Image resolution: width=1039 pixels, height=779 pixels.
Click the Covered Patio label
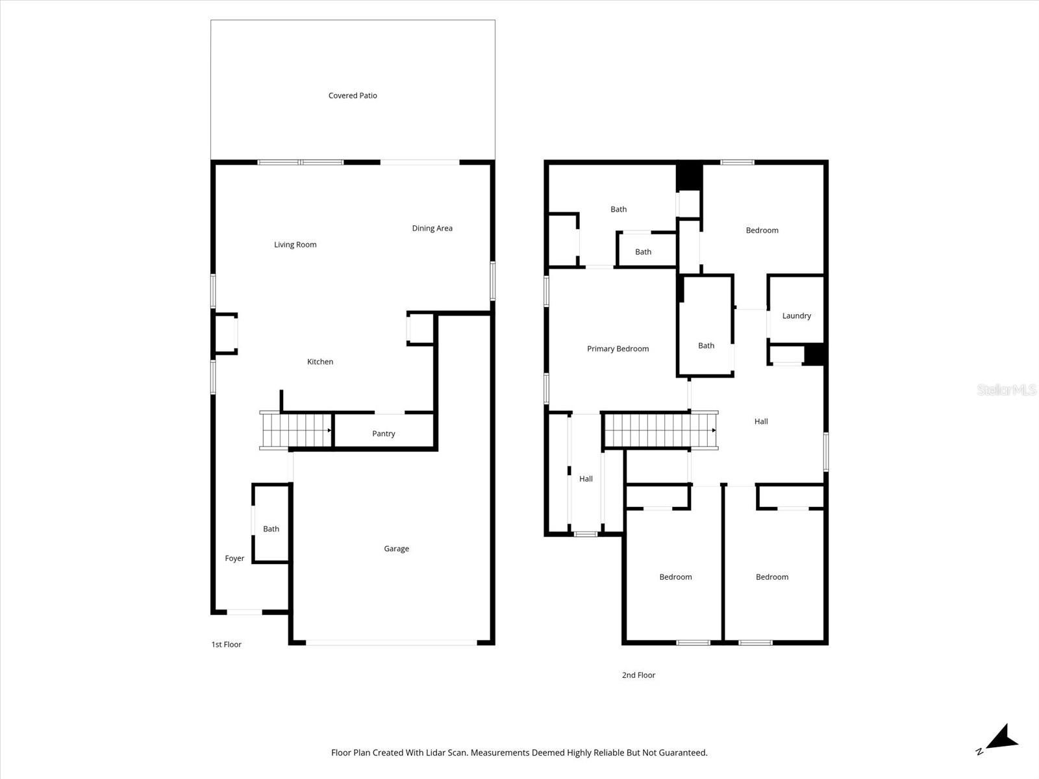[x=353, y=95]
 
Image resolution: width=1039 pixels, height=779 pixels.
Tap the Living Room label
[x=295, y=245]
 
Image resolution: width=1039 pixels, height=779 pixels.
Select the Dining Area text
[x=432, y=228]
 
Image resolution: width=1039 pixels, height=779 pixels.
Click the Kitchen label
[x=319, y=362]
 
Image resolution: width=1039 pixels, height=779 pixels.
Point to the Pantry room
[x=383, y=434]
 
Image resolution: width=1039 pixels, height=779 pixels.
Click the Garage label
[x=396, y=549]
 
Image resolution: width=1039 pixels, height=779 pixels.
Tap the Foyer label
[x=234, y=558]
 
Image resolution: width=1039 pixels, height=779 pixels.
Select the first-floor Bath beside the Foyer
[x=271, y=529]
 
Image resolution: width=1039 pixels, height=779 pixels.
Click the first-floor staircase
[x=295, y=430]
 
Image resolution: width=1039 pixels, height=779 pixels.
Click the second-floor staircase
[x=659, y=430]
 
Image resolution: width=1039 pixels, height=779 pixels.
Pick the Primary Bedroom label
[x=618, y=349]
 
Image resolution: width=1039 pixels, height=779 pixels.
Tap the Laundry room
[x=796, y=315]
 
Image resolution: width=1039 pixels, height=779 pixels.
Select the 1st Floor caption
[x=226, y=645]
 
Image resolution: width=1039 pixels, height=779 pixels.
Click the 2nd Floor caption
[x=638, y=675]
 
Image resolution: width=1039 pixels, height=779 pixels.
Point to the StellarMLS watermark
[x=1006, y=390]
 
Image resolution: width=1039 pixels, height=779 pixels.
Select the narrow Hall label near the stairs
[x=586, y=479]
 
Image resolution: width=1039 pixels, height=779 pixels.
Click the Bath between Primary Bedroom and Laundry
[x=706, y=345]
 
